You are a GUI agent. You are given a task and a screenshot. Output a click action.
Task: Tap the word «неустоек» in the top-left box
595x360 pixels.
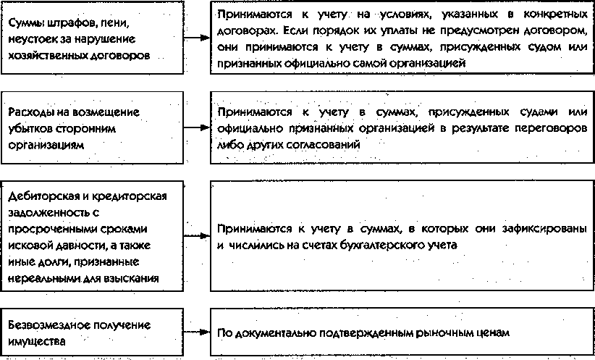pyautogui.click(x=33, y=39)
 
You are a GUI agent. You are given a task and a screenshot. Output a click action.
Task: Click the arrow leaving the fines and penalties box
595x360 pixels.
pyautogui.click(x=197, y=38)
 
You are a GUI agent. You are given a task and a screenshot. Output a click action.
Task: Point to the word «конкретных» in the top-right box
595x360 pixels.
pyautogui.click(x=555, y=14)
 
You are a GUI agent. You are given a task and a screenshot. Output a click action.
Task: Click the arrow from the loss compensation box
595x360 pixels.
pyautogui.click(x=197, y=127)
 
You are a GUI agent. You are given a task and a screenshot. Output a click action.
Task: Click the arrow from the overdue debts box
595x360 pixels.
pyautogui.click(x=197, y=236)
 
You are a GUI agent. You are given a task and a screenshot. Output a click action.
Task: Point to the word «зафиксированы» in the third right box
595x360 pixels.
pyautogui.click(x=544, y=229)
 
